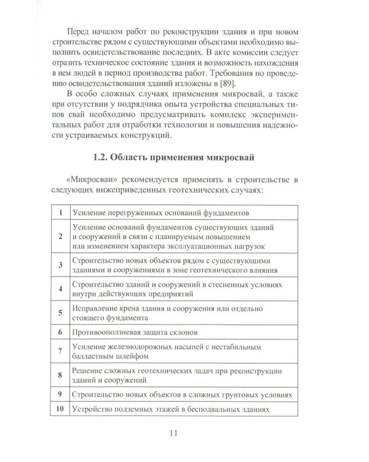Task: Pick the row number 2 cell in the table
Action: point(60,237)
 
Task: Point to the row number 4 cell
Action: point(60,288)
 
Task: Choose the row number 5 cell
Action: point(60,312)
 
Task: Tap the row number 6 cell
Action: point(60,331)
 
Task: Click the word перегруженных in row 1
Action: point(135,213)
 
